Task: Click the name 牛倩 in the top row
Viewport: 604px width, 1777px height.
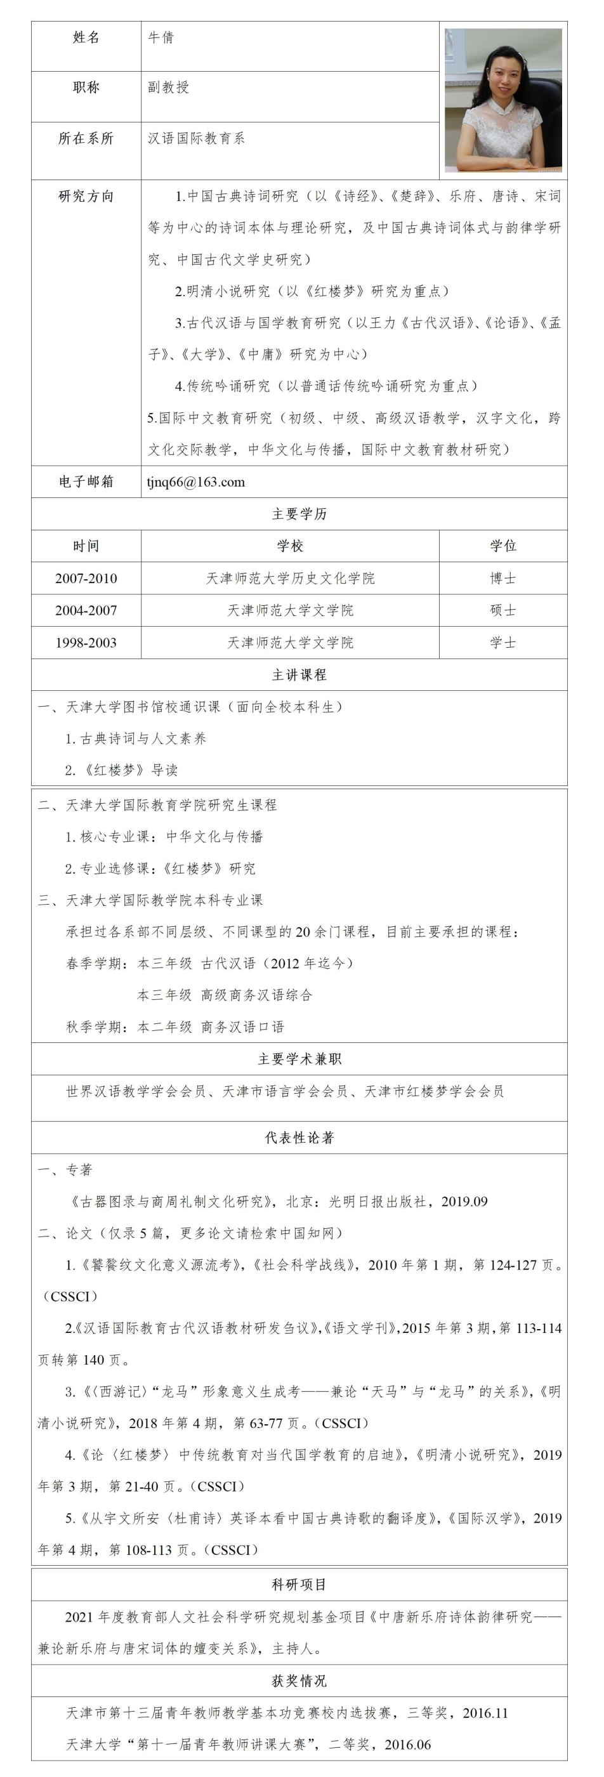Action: pos(161,38)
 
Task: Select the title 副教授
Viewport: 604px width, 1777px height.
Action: pos(168,88)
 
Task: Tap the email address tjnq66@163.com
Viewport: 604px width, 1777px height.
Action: pos(196,482)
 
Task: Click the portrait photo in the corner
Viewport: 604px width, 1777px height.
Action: pos(502,100)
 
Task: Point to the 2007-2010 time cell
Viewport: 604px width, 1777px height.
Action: pos(86,578)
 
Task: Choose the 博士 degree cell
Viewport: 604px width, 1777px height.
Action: pos(502,578)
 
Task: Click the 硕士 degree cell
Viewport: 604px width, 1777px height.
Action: pos(502,610)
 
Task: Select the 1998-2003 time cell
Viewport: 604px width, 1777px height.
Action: pos(86,643)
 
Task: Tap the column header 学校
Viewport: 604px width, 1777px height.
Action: pos(291,546)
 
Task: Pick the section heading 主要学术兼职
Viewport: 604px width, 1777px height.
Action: pos(299,1059)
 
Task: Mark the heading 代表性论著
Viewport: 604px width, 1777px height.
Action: pos(299,1138)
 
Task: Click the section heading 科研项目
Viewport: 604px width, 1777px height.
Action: pos(299,1585)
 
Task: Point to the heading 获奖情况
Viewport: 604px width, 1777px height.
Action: pos(299,1681)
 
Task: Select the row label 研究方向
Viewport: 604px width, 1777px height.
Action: pos(86,197)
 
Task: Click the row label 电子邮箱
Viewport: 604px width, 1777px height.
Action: pos(86,482)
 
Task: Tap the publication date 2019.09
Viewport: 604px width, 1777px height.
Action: pos(464,1202)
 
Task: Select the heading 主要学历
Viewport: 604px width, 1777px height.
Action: pos(299,514)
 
